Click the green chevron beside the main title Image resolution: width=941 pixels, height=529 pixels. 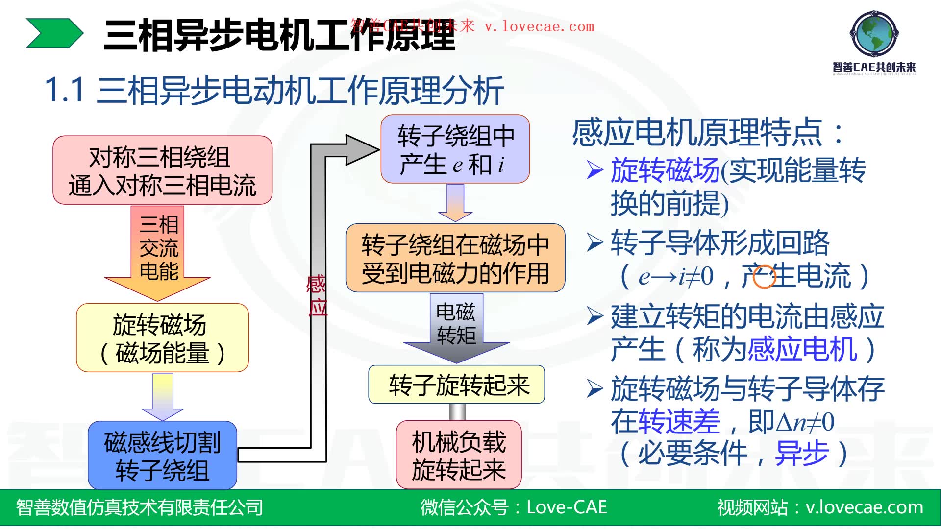point(54,33)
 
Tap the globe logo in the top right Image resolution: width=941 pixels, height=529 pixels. point(874,33)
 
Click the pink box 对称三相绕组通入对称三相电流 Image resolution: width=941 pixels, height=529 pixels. point(162,170)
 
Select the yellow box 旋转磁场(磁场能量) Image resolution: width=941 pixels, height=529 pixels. point(162,338)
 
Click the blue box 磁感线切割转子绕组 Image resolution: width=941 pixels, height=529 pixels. point(162,456)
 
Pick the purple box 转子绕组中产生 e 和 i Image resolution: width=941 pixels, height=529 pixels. point(455,149)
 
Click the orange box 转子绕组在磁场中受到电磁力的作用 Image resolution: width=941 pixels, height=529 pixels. point(455,258)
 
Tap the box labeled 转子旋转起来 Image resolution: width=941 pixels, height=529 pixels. point(456,385)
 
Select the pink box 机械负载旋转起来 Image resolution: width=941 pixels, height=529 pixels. point(458,455)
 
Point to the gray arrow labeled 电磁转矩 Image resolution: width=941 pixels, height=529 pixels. point(456,326)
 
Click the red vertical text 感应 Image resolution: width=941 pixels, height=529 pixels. point(317,296)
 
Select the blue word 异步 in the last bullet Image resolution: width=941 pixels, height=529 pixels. point(802,453)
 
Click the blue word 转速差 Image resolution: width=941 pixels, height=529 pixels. point(665,421)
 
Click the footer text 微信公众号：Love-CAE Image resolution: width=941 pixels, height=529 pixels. point(513,507)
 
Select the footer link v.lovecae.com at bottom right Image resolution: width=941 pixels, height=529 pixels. point(865,507)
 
